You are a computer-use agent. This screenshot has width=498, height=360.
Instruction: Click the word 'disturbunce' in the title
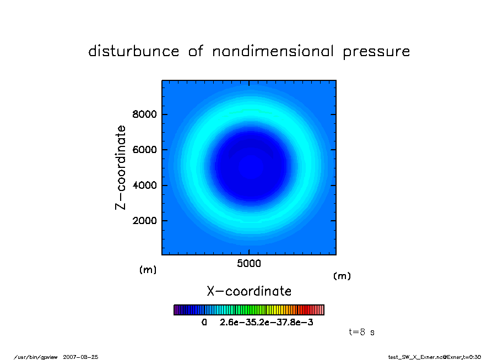pyautogui.click(x=134, y=51)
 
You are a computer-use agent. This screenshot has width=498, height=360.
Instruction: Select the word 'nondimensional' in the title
pyautogui.click(x=273, y=51)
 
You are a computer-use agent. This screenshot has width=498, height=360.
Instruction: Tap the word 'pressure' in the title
pyautogui.click(x=376, y=52)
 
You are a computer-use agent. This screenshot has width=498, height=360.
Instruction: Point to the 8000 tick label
pyautogui.click(x=144, y=114)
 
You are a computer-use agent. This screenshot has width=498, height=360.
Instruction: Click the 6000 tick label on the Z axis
pyautogui.click(x=144, y=150)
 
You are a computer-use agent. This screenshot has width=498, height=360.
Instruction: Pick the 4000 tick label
pyautogui.click(x=144, y=185)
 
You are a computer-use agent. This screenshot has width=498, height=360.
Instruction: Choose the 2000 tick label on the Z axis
pyautogui.click(x=144, y=221)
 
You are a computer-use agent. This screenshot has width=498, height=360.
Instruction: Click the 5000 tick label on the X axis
pyautogui.click(x=249, y=264)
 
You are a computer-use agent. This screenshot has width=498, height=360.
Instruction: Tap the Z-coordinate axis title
pyautogui.click(x=121, y=168)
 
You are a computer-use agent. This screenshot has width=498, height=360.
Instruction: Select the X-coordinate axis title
pyautogui.click(x=249, y=291)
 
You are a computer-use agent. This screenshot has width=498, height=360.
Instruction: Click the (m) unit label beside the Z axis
pyautogui.click(x=148, y=270)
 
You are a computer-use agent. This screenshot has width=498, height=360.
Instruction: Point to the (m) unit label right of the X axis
pyautogui.click(x=342, y=276)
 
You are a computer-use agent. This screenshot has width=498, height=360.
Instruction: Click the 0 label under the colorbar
pyautogui.click(x=204, y=322)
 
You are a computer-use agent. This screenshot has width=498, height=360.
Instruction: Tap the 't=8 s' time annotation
pyautogui.click(x=362, y=332)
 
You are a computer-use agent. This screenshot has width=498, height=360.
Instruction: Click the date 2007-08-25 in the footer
pyautogui.click(x=80, y=357)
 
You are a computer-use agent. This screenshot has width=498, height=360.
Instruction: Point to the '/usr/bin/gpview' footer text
pyautogui.click(x=36, y=357)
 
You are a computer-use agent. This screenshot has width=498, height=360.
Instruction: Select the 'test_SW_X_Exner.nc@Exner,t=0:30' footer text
pyautogui.click(x=435, y=357)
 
